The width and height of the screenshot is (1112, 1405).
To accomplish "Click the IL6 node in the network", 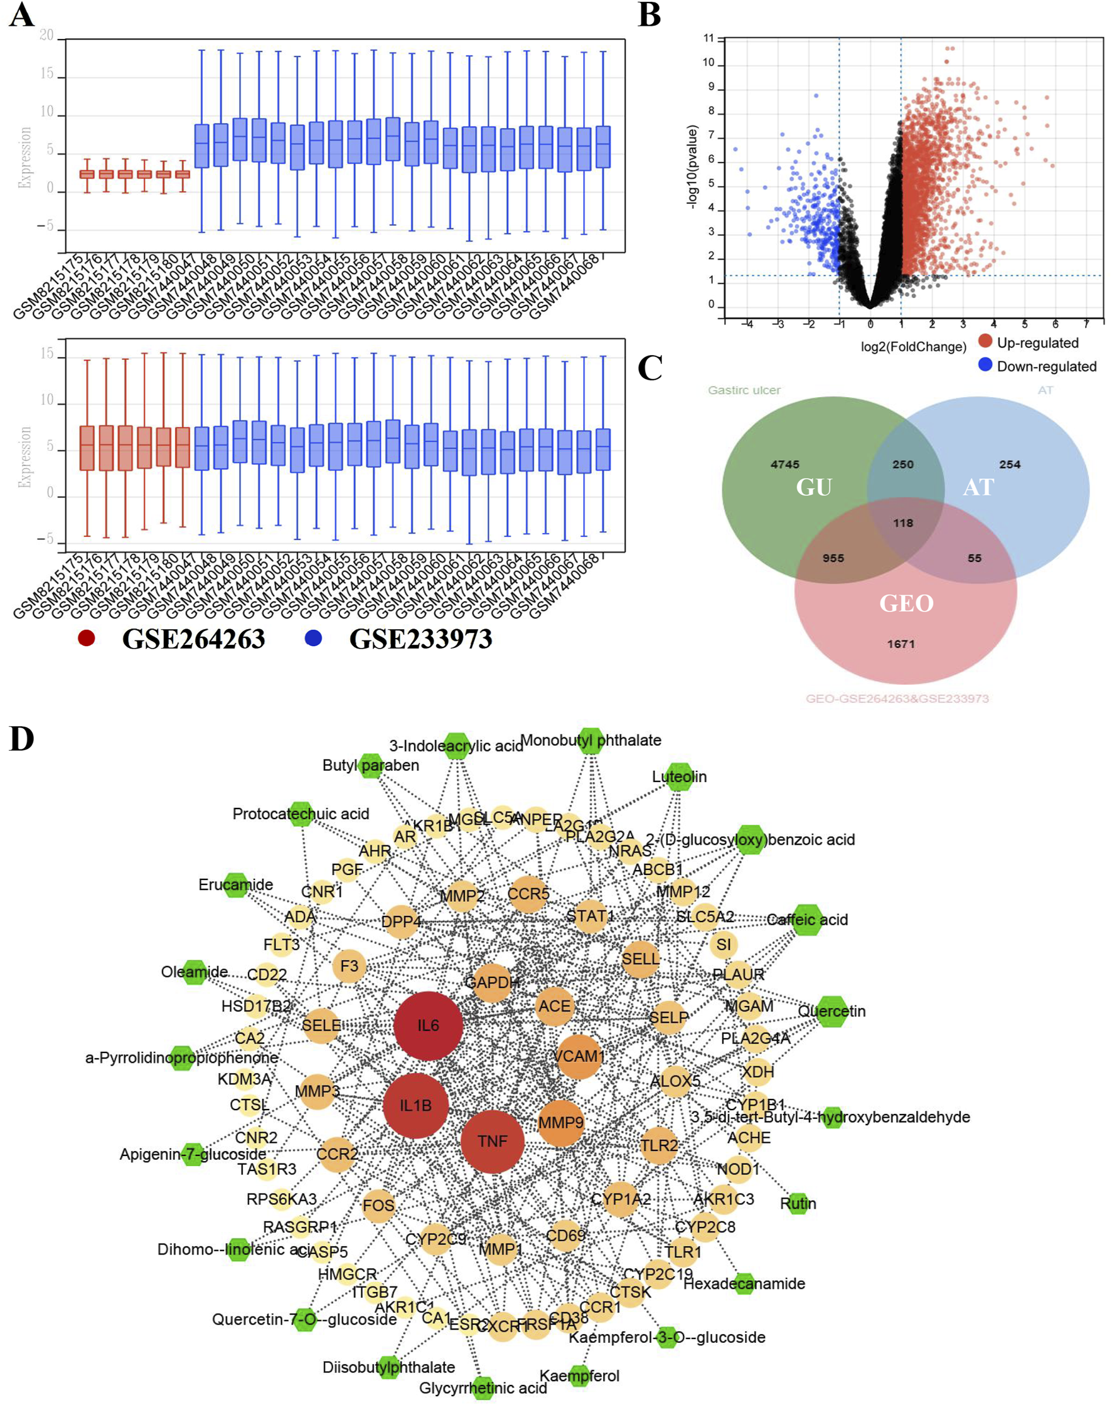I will [428, 1026].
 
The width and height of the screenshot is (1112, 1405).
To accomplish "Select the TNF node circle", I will [492, 1141].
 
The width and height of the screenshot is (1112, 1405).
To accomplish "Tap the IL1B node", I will [415, 1106].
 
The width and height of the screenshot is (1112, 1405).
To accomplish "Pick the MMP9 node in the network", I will [560, 1123].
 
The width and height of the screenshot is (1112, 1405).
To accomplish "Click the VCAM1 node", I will [578, 1056].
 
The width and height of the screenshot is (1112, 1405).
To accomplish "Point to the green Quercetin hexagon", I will [831, 1011].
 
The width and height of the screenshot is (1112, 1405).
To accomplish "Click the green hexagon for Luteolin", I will [680, 777].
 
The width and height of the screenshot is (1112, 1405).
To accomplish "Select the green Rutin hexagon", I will [798, 1203].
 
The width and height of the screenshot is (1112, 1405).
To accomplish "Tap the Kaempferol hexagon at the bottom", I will [579, 1376].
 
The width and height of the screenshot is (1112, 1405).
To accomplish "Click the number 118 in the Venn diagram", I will [903, 522].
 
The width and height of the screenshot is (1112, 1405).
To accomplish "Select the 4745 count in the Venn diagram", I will [784, 464].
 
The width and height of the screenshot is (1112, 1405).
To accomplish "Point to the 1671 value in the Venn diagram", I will [901, 644].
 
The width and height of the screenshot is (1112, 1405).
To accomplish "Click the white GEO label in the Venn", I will [906, 603].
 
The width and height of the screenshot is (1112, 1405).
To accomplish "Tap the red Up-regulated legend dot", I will [985, 341].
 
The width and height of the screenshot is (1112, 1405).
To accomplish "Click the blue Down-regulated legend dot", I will [985, 365].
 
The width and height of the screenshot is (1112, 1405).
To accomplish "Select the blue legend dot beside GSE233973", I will [314, 639].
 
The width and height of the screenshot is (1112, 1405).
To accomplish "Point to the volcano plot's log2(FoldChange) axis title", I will [913, 347].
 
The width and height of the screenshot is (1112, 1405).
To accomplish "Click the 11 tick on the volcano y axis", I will [708, 38].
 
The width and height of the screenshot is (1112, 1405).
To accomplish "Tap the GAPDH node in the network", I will [491, 982].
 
